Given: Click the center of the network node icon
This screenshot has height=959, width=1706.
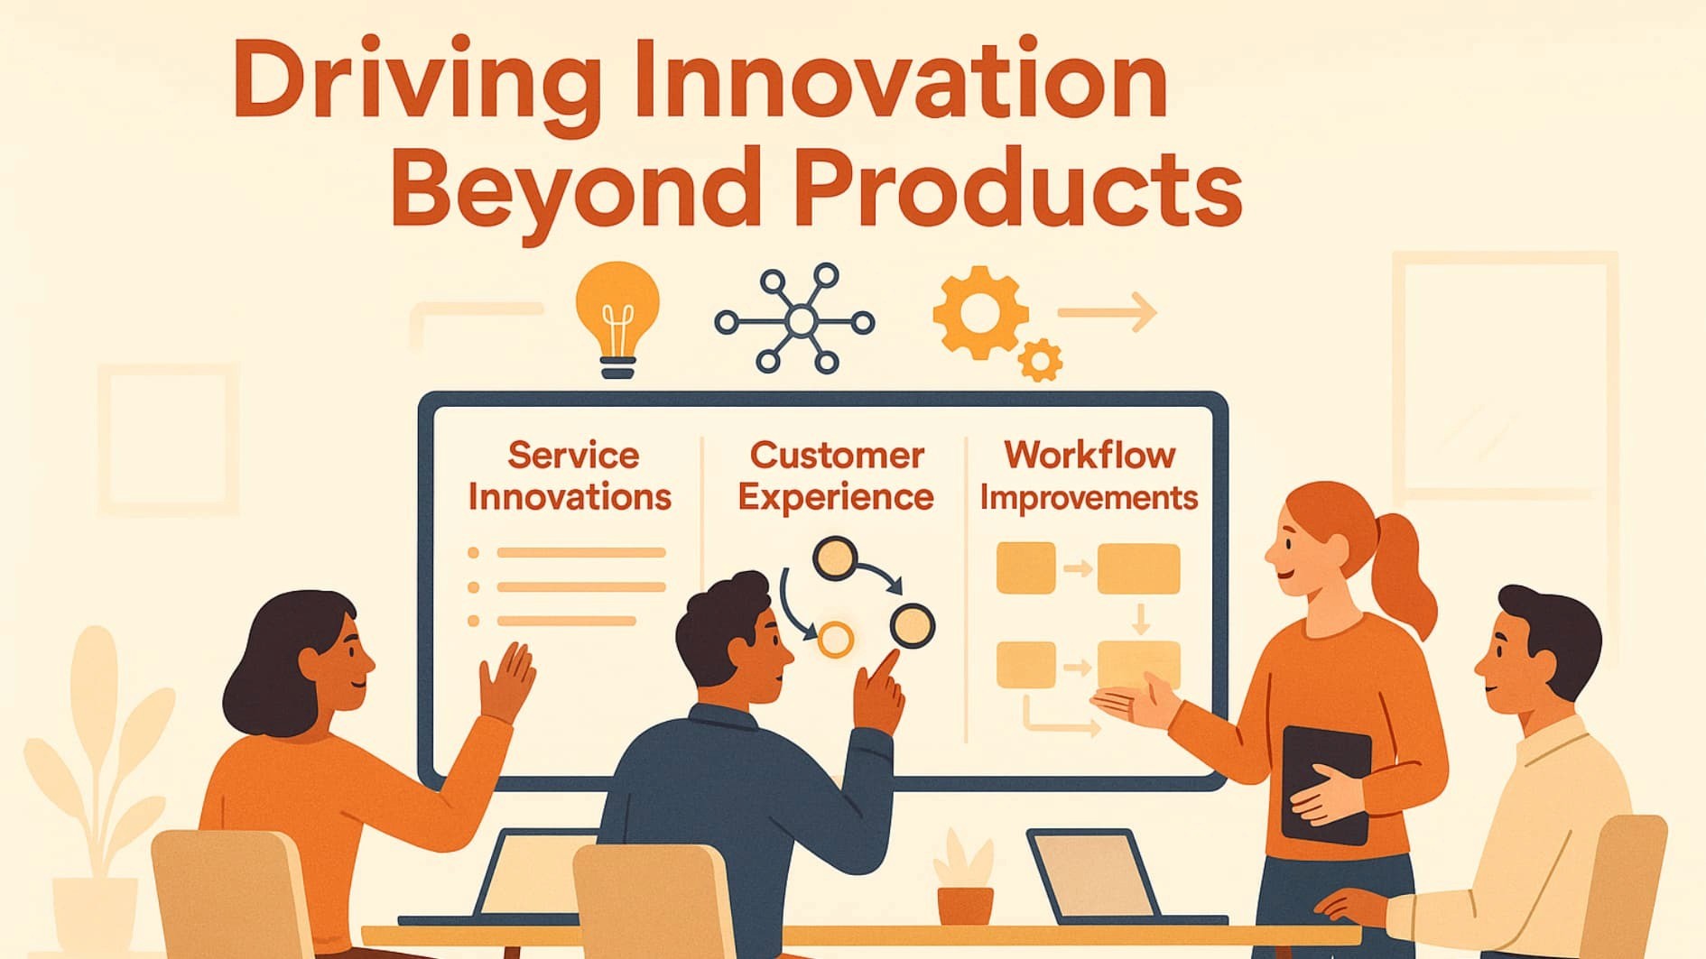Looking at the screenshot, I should tap(799, 320).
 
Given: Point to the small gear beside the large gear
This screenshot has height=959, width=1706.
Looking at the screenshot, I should tap(1040, 361).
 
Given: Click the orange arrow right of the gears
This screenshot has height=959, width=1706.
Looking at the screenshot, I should tap(1108, 312).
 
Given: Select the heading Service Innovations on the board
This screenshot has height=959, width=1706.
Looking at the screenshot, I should tap(570, 475).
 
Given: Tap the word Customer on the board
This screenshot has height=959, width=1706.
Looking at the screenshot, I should tap(837, 456).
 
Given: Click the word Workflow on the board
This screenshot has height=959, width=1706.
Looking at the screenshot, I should tap(1089, 456).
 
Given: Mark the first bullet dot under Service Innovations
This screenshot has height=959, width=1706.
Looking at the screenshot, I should tap(473, 553).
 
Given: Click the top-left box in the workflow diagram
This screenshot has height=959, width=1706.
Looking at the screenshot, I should tap(1025, 568).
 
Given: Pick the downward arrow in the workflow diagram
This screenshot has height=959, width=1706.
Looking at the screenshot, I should tap(1140, 620).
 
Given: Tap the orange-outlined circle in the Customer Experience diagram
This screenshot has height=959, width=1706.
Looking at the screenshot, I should tap(835, 639).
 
